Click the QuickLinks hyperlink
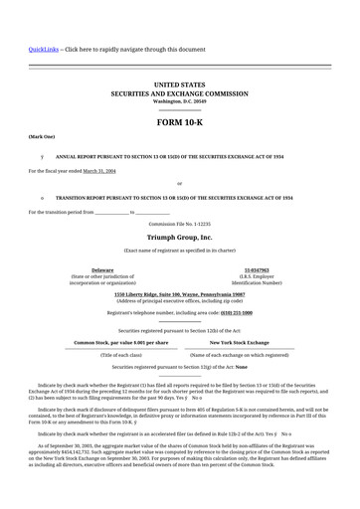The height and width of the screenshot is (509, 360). (x=43, y=49)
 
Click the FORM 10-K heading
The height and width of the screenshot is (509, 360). (x=179, y=121)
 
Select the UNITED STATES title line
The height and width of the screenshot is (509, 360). (x=179, y=86)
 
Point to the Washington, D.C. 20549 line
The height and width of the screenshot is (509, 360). (x=179, y=101)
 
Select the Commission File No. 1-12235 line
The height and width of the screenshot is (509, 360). (x=179, y=225)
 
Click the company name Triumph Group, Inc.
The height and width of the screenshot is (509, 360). (x=179, y=239)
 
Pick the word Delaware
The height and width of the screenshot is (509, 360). (x=102, y=269)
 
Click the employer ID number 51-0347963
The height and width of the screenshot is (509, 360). (x=257, y=269)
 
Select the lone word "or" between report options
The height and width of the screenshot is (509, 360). (x=179, y=184)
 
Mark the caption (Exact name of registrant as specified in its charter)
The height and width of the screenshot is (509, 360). (x=179, y=251)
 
